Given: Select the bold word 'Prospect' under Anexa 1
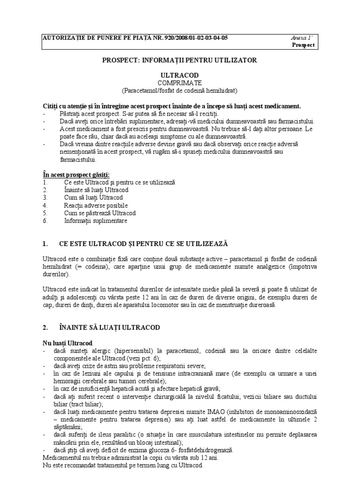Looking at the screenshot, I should pos(304,45).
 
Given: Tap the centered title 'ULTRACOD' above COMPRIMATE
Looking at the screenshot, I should pos(180,75).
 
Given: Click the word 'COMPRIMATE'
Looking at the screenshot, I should pos(180,82).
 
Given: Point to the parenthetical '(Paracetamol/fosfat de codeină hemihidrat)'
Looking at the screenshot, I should pos(180,90).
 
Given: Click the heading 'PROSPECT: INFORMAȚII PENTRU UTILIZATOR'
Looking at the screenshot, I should pos(180,60).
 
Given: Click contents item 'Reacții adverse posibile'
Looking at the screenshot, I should pos(96,205).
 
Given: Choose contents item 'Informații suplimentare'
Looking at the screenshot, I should pos(96,220).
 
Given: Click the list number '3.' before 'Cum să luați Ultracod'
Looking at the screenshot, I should pos(45,198).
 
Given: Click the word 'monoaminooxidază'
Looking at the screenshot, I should pos(290,412).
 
